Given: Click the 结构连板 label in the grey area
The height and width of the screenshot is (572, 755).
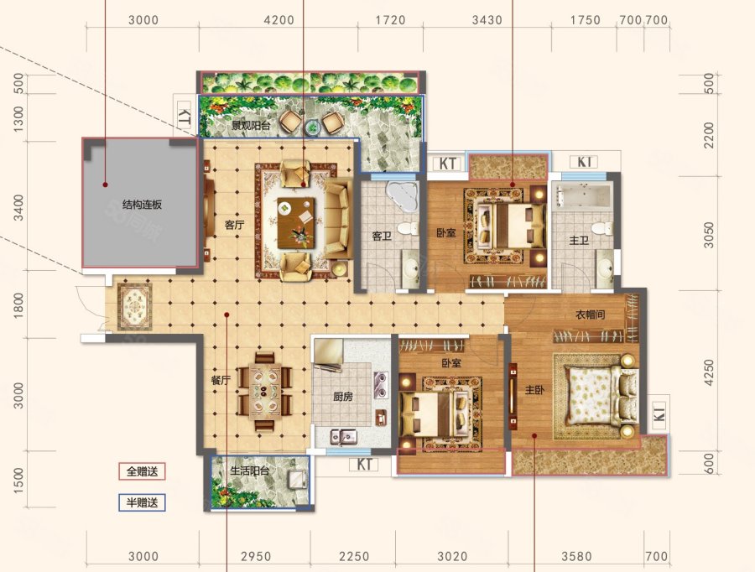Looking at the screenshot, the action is pos(142,205).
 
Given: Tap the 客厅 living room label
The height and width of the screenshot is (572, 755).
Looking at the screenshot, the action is pos(235,225).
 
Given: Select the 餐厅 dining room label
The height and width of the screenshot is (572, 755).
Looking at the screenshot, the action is pos(221,380).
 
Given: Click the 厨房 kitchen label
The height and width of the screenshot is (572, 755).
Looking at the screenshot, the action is pos(343,397).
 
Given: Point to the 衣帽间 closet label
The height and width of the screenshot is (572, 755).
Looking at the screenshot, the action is pos(591,315).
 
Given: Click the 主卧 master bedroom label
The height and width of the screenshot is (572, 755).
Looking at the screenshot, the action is pos(534,389).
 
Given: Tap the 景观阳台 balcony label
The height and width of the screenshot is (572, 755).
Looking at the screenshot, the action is pos(251,126).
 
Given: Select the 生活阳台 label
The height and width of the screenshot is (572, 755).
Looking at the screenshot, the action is pos(249,471).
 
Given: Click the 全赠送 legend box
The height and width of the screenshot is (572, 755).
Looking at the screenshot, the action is pos(142,471).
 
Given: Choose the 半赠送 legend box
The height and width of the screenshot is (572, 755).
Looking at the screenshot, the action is pos(142,502).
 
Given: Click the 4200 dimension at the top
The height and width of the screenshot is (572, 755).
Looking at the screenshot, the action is pos(279,20).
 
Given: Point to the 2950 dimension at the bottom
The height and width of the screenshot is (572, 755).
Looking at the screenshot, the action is pos(256,557).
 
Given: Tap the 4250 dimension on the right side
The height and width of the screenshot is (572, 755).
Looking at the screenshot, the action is pos(709,372).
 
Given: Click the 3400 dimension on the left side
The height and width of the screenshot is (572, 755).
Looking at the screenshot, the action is pos(18,207).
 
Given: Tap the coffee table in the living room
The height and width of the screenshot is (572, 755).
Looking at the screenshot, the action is pos(296,223).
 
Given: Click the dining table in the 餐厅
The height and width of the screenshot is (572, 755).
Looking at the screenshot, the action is pos(264,391).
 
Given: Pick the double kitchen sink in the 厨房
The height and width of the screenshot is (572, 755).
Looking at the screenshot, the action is pos(343,437).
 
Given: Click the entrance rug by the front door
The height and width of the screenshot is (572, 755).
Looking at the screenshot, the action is pos(135,307).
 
